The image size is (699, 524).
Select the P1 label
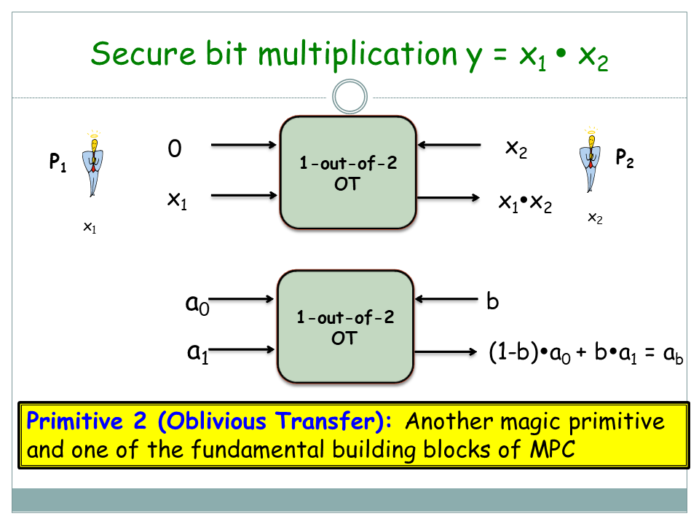(x=58, y=162)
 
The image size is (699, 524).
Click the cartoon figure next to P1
(x=92, y=164)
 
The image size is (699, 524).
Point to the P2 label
(x=624, y=159)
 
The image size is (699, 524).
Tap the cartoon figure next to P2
(x=591, y=159)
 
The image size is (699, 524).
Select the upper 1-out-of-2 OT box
(x=348, y=173)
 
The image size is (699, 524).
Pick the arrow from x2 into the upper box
(x=451, y=146)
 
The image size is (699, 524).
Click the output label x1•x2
(x=525, y=203)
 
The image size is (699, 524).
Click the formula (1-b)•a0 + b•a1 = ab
(x=585, y=354)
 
